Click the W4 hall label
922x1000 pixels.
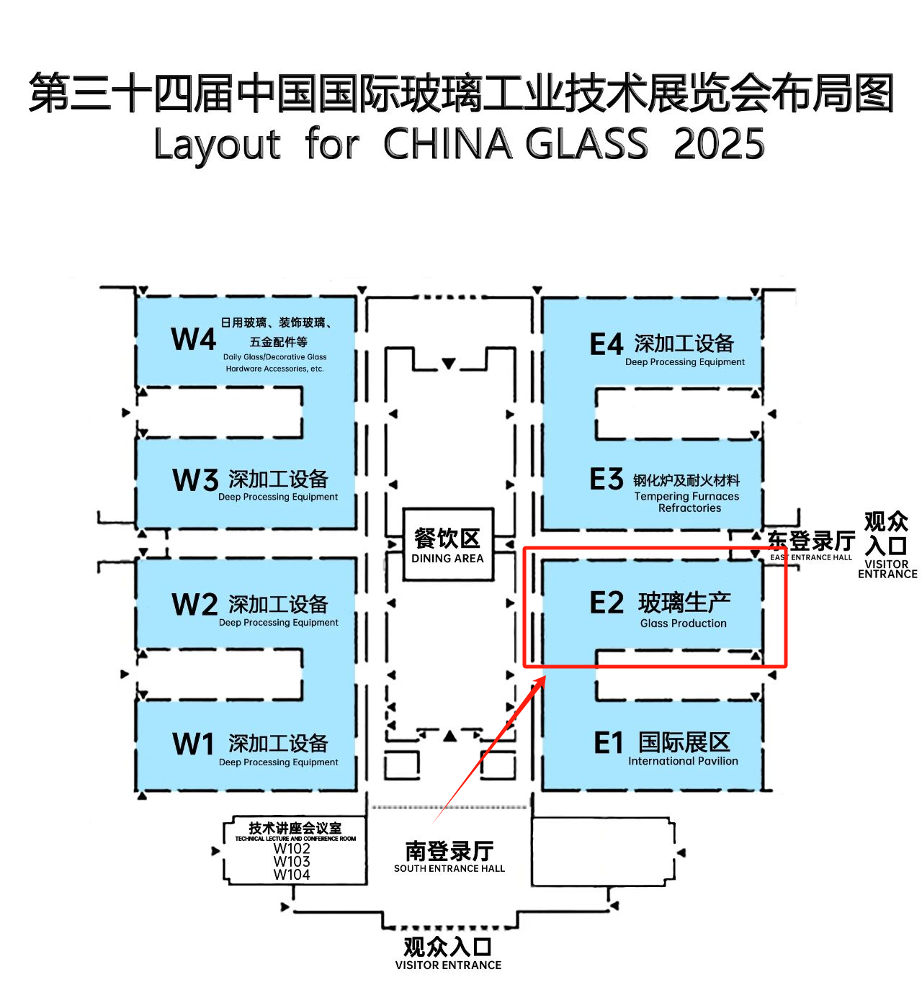(x=193, y=339)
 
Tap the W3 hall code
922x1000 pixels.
(x=195, y=479)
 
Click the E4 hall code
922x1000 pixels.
(x=607, y=344)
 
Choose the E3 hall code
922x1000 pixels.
(x=607, y=479)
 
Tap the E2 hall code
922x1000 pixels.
(x=607, y=602)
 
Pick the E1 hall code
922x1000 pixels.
(x=608, y=743)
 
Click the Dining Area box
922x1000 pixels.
(x=448, y=544)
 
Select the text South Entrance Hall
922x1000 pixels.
(x=449, y=868)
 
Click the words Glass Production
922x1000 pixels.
(x=683, y=623)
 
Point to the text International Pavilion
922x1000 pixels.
(x=683, y=761)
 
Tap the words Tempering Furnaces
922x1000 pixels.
(x=686, y=496)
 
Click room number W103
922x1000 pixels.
(x=292, y=861)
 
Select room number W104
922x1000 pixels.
(x=292, y=875)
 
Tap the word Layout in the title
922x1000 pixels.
(x=217, y=144)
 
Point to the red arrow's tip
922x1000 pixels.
(x=546, y=677)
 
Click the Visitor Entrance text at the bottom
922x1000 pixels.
(x=448, y=965)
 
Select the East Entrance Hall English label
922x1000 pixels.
(x=811, y=557)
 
